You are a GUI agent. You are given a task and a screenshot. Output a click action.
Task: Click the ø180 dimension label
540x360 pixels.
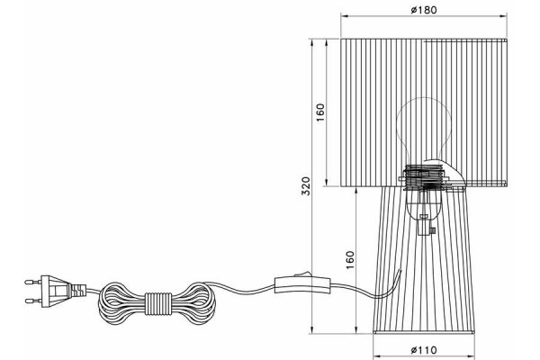424,10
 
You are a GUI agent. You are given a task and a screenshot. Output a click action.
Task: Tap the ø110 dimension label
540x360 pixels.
424,350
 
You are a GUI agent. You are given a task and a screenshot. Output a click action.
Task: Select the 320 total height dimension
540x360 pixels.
306,185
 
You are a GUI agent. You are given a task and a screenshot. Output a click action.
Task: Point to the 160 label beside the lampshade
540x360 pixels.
320,112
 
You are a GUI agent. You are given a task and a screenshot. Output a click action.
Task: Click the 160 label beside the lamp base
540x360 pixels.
349,260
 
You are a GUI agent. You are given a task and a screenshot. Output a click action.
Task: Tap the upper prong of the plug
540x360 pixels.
33,282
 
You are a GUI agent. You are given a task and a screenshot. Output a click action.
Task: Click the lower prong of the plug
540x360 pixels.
33,301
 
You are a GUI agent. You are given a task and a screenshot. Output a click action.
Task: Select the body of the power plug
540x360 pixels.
56,291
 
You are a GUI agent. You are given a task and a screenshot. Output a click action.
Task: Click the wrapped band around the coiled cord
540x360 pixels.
158,303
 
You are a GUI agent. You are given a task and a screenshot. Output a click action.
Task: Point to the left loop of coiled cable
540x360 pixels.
122,303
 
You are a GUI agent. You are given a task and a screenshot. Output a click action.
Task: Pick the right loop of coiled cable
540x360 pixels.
193,303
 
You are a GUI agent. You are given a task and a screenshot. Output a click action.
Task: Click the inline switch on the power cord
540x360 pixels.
302,284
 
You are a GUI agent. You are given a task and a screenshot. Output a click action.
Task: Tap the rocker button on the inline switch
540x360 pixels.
303,274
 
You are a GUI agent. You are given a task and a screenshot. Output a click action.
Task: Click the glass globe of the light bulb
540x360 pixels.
424,130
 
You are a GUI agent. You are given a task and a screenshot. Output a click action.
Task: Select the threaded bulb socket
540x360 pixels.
424,177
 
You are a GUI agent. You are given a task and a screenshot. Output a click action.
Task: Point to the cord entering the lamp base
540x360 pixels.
389,286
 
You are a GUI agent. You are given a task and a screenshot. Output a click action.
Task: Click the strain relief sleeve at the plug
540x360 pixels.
79,291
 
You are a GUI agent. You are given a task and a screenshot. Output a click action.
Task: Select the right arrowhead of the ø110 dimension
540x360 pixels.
471,356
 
